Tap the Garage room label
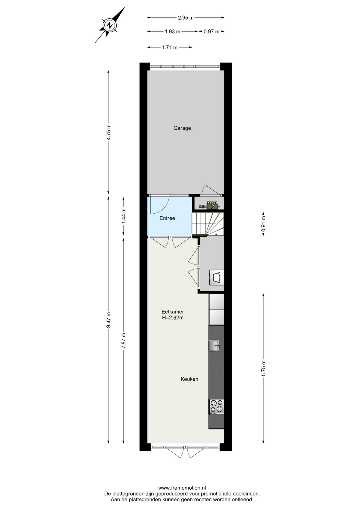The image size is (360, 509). click(x=182, y=128)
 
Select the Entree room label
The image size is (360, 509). click(x=167, y=218)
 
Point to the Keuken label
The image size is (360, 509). click(x=189, y=379)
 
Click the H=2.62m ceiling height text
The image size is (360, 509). click(x=173, y=318)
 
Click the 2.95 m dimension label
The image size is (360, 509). click(x=186, y=18)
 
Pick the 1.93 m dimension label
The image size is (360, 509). click(x=173, y=32)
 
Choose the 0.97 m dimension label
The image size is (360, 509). click(x=212, y=32)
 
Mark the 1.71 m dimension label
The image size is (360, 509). click(x=170, y=47)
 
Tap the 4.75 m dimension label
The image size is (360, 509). click(x=108, y=132)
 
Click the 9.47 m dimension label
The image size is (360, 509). click(x=108, y=320)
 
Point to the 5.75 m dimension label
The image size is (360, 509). click(x=264, y=368)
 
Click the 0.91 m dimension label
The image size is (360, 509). click(x=264, y=224)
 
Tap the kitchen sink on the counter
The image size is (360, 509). click(x=214, y=345)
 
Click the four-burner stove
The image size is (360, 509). click(x=217, y=407)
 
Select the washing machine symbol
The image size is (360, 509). click(x=217, y=278)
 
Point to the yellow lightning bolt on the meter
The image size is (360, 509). click(x=212, y=205)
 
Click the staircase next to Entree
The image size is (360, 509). click(x=208, y=224)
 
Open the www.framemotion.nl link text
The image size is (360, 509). click(x=182, y=488)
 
